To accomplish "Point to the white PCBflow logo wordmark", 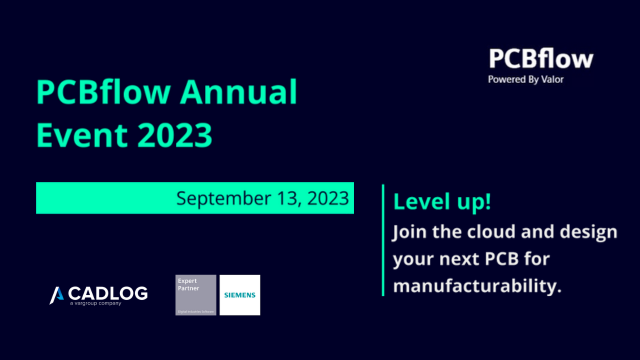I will pyautogui.click(x=540, y=58).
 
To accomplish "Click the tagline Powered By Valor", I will pyautogui.click(x=526, y=79).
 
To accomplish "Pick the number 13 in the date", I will pyautogui.click(x=282, y=198).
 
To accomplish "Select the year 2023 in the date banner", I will pyautogui.click(x=326, y=198).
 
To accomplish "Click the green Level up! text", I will pyautogui.click(x=441, y=201).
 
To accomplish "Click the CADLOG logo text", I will pyautogui.click(x=109, y=293).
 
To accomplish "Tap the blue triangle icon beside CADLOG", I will pyautogui.click(x=58, y=294).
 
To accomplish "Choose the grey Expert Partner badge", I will pyautogui.click(x=195, y=295).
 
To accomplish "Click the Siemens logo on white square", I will pyautogui.click(x=240, y=295).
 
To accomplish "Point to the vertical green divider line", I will pyautogui.click(x=383, y=240).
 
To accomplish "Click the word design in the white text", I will pyautogui.click(x=589, y=232).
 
